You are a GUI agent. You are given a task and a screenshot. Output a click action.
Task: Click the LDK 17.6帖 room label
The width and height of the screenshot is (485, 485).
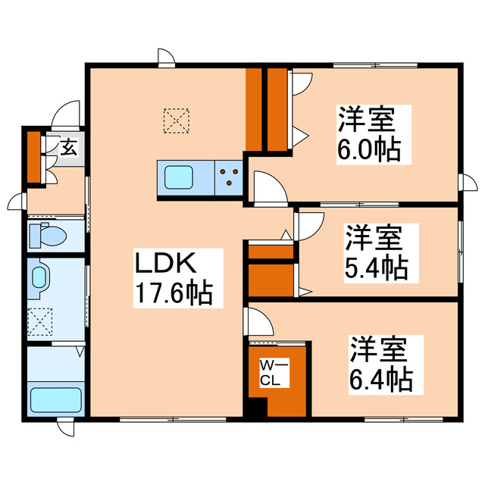[172, 278]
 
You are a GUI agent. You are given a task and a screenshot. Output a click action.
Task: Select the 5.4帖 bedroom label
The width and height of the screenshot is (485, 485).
[376, 251]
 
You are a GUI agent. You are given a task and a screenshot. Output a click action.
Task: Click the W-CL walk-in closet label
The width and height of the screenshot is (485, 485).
[271, 374]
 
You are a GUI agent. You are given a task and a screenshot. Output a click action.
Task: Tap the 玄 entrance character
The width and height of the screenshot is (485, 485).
[67, 147]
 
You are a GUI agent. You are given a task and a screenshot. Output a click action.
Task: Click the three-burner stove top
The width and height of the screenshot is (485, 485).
[229, 178]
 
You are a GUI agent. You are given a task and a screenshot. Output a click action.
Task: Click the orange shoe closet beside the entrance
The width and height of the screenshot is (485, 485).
[34, 157]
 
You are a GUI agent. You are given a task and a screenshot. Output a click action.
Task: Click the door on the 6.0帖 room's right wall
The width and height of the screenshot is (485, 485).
[468, 184]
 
